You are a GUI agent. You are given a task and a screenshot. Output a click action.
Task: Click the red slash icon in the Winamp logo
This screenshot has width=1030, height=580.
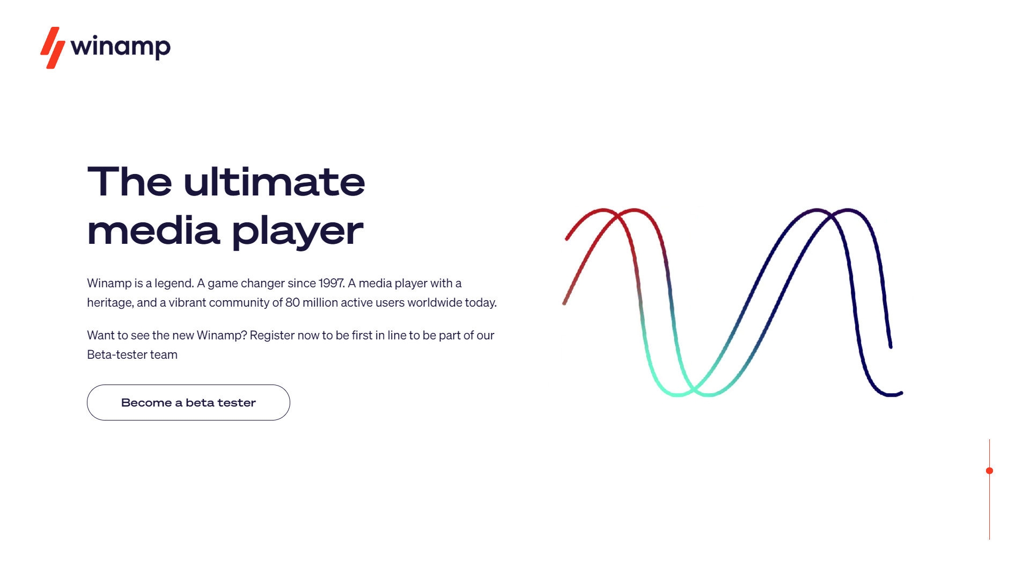pos(53,48)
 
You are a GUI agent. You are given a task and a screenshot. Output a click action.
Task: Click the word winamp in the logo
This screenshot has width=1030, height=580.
pos(121,47)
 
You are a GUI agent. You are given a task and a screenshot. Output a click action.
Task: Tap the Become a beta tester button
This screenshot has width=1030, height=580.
pos(188,402)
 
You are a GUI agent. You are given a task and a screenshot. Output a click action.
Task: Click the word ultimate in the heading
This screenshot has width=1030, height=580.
pos(274,182)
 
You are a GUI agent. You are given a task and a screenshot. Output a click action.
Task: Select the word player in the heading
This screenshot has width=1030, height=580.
pos(298,231)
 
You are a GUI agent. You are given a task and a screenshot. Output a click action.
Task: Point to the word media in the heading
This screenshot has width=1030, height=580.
pos(153,229)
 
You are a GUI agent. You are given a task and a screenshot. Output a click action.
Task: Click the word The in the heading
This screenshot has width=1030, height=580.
pos(130,182)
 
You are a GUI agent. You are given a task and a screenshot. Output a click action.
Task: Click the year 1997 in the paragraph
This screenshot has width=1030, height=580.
pos(331,283)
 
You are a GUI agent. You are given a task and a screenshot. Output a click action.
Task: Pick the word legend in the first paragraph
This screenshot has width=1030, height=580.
pos(174,284)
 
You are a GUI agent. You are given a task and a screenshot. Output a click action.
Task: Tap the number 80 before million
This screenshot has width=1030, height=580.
pos(292,302)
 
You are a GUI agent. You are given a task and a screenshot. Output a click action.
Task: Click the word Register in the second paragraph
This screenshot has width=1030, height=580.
pos(272,336)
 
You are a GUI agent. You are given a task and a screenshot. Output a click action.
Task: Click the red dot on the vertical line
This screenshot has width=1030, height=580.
pos(990,471)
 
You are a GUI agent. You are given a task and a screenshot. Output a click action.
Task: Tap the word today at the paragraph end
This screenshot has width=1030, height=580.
pos(481,303)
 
